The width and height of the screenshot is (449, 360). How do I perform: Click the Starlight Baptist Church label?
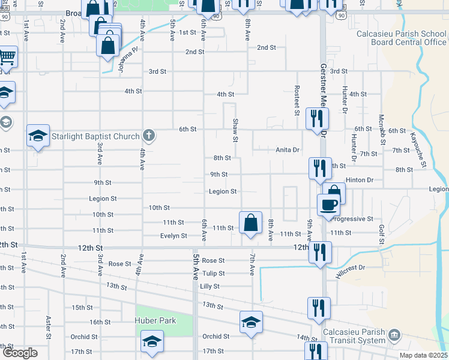click(x=95, y=136)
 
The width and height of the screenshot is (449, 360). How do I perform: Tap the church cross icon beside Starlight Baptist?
click(x=149, y=136)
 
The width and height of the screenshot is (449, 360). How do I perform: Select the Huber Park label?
click(x=156, y=320)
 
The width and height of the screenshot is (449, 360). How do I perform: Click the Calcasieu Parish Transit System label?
click(x=354, y=337)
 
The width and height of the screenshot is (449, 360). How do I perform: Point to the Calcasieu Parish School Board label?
click(x=401, y=38)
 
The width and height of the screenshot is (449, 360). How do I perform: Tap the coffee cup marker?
click(x=328, y=205)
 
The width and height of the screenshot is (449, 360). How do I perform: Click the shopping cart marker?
click(x=7, y=58)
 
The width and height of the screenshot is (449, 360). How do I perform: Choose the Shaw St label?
click(x=235, y=130)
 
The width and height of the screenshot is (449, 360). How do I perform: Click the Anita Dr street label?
click(x=287, y=150)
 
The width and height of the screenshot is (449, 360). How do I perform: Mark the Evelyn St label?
click(x=173, y=236)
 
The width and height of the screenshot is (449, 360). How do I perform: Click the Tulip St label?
click(x=213, y=273)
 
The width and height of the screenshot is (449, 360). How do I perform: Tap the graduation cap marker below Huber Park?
click(x=152, y=342)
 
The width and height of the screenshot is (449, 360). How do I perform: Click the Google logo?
click(x=20, y=353)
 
